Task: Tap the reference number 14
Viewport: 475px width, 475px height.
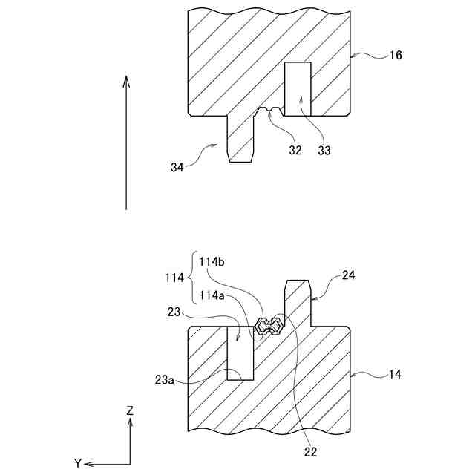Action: click(x=394, y=375)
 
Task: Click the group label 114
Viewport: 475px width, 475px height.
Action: click(x=174, y=278)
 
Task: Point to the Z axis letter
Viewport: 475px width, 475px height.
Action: click(x=130, y=410)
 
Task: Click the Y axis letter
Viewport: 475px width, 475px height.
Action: click(x=77, y=463)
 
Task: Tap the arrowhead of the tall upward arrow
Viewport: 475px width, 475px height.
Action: click(x=127, y=80)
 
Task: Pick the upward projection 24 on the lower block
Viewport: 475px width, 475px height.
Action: click(x=297, y=301)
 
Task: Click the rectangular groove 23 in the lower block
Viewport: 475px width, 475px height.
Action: click(x=240, y=353)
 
